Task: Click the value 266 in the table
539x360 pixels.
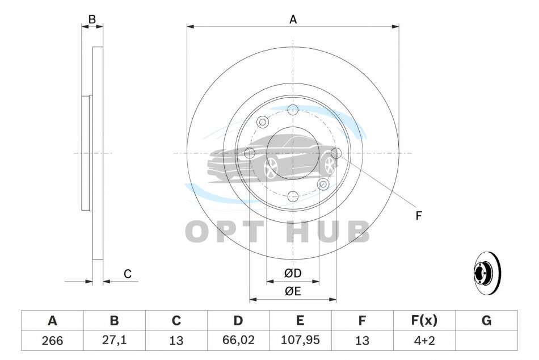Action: [x=52, y=340]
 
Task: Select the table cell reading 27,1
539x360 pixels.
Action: [x=114, y=340]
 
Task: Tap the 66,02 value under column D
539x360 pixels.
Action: [x=238, y=340]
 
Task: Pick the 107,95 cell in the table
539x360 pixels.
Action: [x=300, y=340]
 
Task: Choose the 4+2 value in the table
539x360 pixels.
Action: [x=424, y=340]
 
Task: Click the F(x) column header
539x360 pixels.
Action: [x=424, y=320]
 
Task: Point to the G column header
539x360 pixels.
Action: [x=486, y=320]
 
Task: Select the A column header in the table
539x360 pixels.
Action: [x=52, y=320]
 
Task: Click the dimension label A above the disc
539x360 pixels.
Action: [x=293, y=20]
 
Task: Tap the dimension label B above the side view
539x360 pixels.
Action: [x=92, y=20]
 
